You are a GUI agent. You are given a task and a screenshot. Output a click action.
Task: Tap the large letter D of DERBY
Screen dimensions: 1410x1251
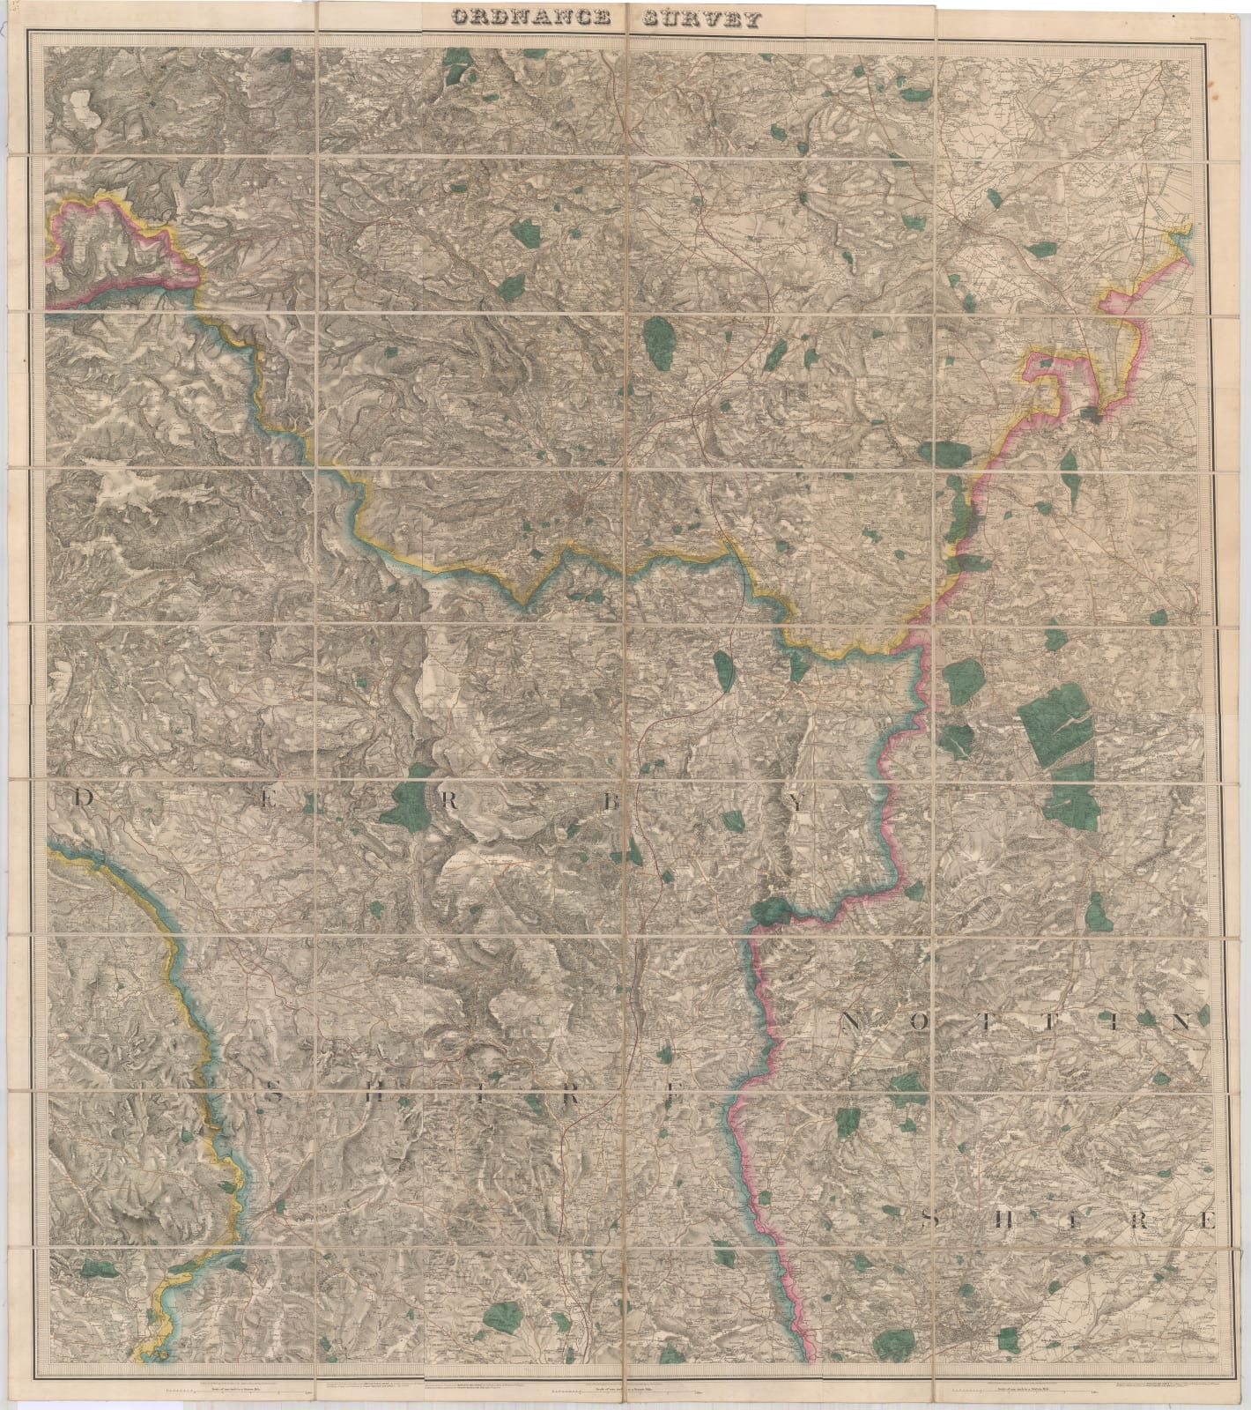point(83,798)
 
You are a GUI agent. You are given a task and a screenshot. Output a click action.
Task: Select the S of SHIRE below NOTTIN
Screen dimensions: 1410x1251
point(929,1221)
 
